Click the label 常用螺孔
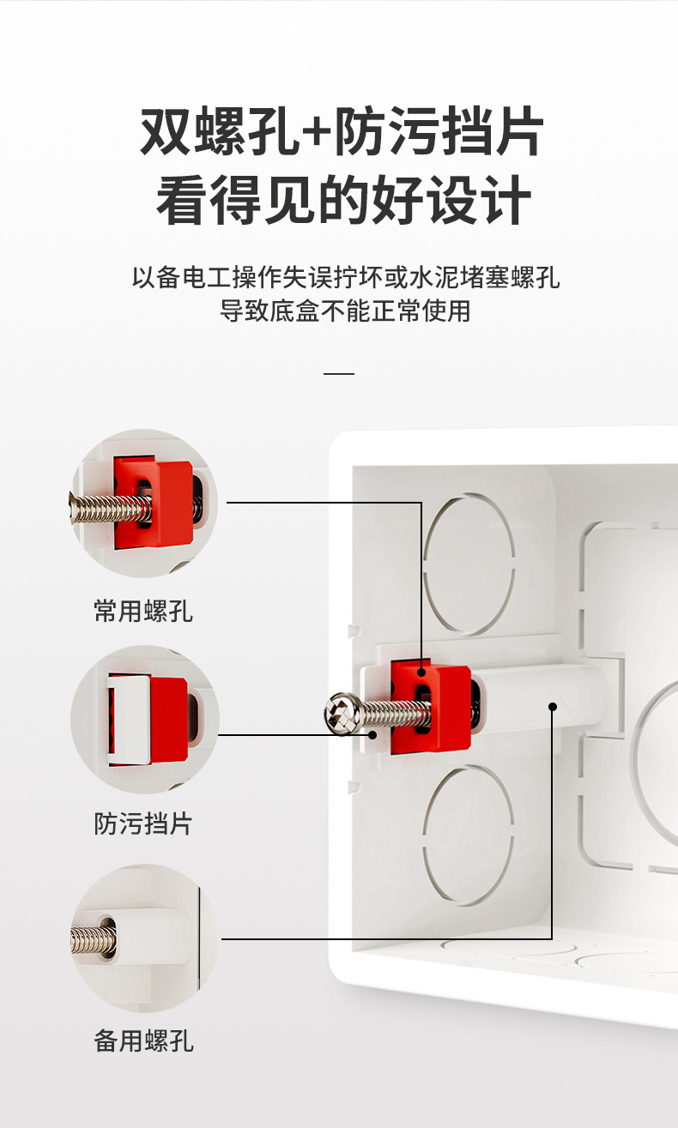[x=143, y=611]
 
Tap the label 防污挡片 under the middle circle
[x=143, y=823]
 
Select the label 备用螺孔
[x=143, y=1041]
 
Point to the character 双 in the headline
[x=166, y=133]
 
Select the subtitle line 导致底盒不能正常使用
[x=345, y=311]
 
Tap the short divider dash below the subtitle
[x=340, y=374]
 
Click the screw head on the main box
[x=342, y=712]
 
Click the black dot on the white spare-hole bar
[x=553, y=707]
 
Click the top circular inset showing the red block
[x=143, y=504]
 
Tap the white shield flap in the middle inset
[x=127, y=719]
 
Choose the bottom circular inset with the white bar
[x=143, y=938]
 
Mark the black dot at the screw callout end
[x=373, y=735]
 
